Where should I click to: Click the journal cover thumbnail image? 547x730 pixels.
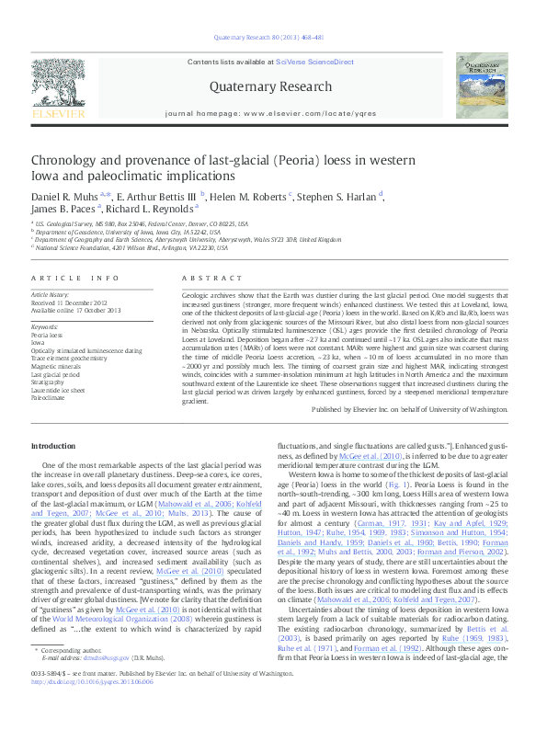[486, 86]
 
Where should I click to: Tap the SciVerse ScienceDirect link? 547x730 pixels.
[320, 62]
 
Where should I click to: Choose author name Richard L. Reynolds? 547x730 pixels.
[151, 210]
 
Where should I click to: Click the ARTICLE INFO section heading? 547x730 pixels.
[74, 278]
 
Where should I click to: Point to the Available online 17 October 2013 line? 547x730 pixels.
[76, 309]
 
